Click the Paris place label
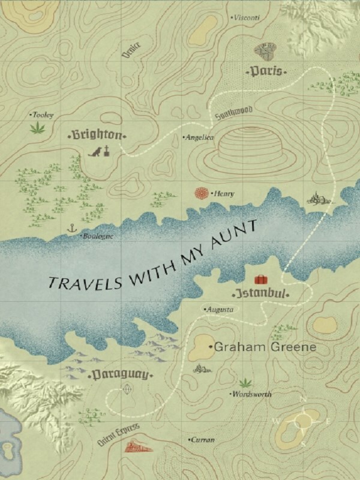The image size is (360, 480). pos(266,71)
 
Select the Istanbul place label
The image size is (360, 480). pos(261,295)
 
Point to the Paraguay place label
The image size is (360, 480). pos(121,375)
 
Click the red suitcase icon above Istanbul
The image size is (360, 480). pos(261,280)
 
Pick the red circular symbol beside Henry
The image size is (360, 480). pos(202,193)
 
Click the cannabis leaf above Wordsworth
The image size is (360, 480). pos(244,382)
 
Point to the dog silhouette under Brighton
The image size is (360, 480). pos(94,152)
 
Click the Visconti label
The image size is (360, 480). pos(246,18)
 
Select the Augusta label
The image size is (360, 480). pos(219,309)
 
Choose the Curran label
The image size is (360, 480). pos(203,440)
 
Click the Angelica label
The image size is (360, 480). pos(199,137)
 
